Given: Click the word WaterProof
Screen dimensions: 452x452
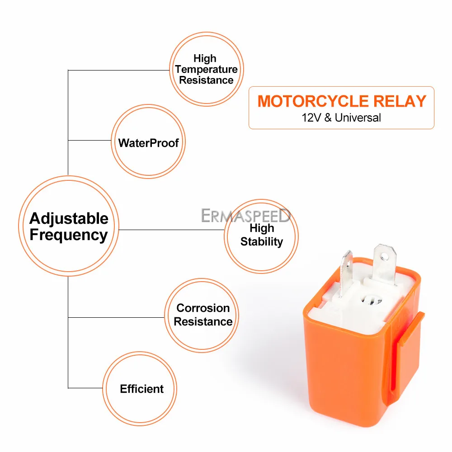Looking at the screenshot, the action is (148, 143).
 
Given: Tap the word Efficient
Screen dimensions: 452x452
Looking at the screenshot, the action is (141, 389).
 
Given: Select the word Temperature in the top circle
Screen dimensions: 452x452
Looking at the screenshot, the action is (206, 69).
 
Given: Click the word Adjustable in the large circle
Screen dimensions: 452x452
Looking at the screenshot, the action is (69, 219).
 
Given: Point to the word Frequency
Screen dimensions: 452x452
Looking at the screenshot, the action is (69, 235).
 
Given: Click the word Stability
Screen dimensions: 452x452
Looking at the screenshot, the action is (261, 242).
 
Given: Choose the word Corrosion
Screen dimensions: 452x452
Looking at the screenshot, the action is (203, 308).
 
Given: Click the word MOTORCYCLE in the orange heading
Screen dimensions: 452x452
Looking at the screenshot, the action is (313, 101).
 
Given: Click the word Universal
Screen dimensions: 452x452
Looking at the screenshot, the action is (358, 118).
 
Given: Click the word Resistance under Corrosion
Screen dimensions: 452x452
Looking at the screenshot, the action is (203, 322).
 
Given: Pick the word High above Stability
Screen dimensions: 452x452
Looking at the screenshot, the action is (261, 228).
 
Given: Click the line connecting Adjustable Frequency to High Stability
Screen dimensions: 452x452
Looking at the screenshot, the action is (172, 230).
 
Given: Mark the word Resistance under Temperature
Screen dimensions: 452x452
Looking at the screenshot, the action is (206, 80).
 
